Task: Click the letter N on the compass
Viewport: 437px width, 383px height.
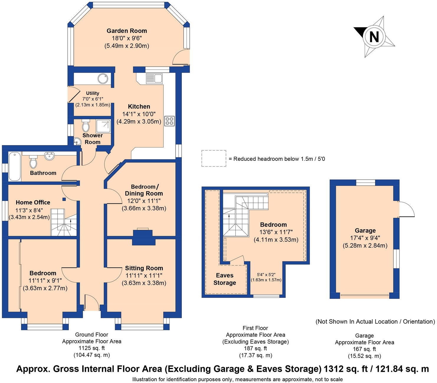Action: pyautogui.click(x=374, y=37)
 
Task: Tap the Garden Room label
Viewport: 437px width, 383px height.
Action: pyautogui.click(x=127, y=31)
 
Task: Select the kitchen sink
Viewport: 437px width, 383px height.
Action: pyautogui.click(x=154, y=78)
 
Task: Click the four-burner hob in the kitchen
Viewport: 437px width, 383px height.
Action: pyautogui.click(x=169, y=121)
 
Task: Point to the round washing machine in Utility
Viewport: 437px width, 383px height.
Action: pyautogui.click(x=103, y=79)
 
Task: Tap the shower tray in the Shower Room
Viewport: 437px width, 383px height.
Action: pyautogui.click(x=103, y=126)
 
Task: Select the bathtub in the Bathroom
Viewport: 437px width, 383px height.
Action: pyautogui.click(x=14, y=166)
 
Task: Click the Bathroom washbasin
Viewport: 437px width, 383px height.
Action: pyautogui.click(x=49, y=156)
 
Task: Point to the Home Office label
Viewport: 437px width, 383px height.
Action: pyautogui.click(x=33, y=202)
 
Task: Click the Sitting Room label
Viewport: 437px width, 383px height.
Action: pyautogui.click(x=144, y=268)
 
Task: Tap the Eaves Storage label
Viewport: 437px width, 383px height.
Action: pyautogui.click(x=225, y=279)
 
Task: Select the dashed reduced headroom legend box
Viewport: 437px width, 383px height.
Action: pyautogui.click(x=214, y=158)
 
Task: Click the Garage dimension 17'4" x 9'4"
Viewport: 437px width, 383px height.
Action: pyautogui.click(x=365, y=238)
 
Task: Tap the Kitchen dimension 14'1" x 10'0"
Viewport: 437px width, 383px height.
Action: pyautogui.click(x=139, y=114)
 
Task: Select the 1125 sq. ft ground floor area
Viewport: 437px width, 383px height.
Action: pyautogui.click(x=91, y=348)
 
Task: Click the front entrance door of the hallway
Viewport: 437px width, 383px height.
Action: pyautogui.click(x=92, y=303)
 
